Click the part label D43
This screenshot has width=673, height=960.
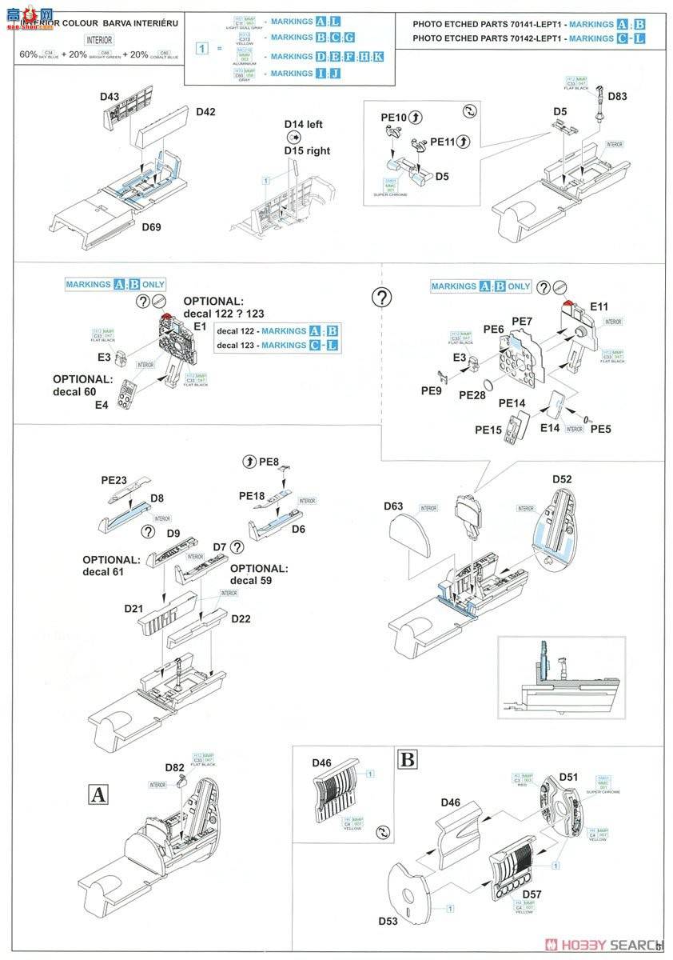(110, 98)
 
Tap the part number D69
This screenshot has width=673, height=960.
(152, 228)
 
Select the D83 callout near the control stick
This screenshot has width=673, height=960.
(617, 97)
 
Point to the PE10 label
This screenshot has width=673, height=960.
(393, 118)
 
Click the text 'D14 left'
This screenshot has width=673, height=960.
(303, 125)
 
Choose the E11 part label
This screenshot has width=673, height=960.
(599, 306)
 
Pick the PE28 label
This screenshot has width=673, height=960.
(472, 394)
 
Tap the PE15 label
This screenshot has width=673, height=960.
(488, 430)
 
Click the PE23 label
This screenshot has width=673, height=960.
(114, 481)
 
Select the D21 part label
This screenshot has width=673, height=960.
(133, 609)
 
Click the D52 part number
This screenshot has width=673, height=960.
(562, 480)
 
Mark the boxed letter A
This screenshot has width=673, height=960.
(98, 794)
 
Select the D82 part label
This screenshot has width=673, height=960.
(176, 767)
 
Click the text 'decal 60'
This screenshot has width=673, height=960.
(79, 391)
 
